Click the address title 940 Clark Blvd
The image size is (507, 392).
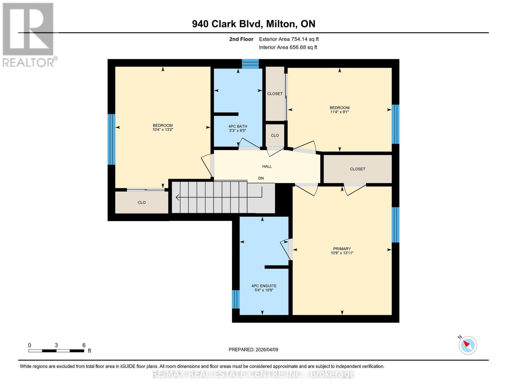click(253, 24)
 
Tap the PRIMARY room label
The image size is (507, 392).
click(342, 249)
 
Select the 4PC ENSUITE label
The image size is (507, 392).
click(264, 286)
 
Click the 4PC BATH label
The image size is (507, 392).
click(238, 126)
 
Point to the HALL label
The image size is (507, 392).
click(267, 166)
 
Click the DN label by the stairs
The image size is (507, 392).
click(261, 178)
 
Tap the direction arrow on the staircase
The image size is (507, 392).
click(178, 197)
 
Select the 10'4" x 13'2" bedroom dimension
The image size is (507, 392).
click(163, 130)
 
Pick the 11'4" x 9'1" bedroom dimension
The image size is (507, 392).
click(340, 112)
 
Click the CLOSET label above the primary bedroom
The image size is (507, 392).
click(357, 169)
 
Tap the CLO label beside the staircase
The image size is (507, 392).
click(141, 203)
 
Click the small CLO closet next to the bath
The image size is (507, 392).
click(275, 135)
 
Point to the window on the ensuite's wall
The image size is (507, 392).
click(236, 299)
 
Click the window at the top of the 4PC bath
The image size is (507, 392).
click(250, 64)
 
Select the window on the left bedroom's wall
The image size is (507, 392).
click(111, 139)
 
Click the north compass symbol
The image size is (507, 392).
click(467, 345)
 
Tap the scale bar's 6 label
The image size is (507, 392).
click(84, 345)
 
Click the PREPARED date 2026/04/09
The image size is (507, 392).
click(253, 350)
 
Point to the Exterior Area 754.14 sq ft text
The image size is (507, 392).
click(289, 39)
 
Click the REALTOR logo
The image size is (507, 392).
click(28, 34)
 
